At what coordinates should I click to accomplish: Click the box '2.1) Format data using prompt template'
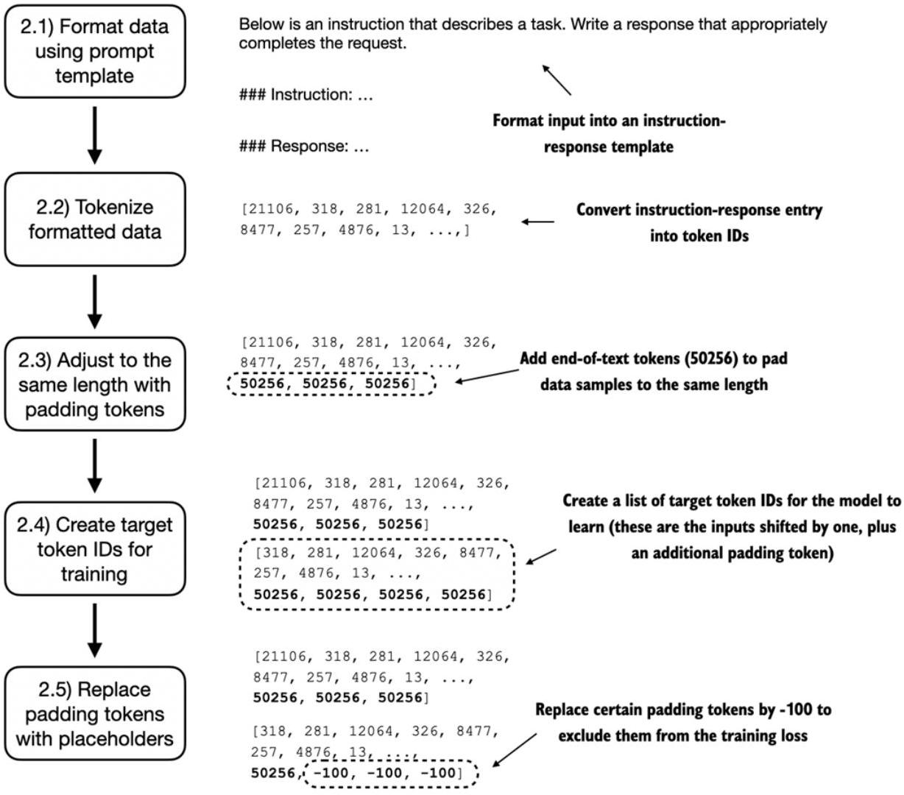coord(94,52)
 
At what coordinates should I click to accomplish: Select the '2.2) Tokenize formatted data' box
coord(94,219)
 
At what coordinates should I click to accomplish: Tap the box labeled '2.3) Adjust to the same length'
coord(94,384)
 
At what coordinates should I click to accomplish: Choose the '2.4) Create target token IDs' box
coord(94,548)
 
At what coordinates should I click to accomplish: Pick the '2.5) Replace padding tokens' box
coord(94,714)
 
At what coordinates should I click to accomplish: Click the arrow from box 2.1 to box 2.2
coord(94,135)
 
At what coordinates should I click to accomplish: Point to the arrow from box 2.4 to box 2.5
coord(94,630)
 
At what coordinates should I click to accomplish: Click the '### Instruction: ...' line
coord(306,94)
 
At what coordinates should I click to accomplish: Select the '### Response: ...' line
coord(304,146)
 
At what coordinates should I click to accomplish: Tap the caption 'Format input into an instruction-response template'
coord(609,133)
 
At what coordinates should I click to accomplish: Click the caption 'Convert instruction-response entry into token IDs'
coord(699,222)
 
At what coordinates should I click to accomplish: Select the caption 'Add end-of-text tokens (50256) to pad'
coord(654,358)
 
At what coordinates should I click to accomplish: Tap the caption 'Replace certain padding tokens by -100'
coord(683,710)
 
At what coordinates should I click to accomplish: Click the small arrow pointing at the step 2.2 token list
coord(537,222)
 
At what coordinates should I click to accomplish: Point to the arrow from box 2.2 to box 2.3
coord(94,302)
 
